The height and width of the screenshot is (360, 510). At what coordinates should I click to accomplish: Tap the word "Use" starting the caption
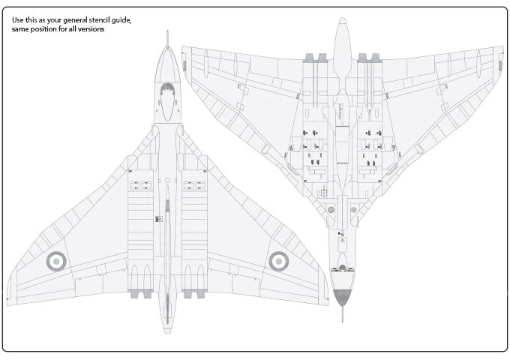(17, 19)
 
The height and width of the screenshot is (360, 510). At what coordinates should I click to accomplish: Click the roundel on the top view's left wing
(56, 261)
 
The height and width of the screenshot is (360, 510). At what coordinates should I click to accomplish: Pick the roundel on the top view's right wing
(278, 261)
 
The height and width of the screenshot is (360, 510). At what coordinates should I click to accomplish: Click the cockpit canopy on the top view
(167, 101)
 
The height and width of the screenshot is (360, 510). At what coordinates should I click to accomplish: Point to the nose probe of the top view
(167, 39)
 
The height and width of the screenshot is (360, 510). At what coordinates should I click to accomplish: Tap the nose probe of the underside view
(342, 313)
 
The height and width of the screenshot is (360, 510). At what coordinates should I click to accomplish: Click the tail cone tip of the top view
(167, 331)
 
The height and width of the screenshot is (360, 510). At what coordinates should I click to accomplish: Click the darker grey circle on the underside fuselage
(331, 210)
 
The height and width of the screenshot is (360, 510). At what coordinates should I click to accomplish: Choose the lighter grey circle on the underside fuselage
(353, 210)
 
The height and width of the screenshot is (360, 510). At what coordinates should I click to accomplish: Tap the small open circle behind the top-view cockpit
(167, 181)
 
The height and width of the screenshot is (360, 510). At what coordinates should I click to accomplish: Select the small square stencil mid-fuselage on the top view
(159, 219)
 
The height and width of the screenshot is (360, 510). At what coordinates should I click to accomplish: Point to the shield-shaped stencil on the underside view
(324, 193)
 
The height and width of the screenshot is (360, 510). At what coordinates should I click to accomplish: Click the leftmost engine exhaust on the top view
(134, 294)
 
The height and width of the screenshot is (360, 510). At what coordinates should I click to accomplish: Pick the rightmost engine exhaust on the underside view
(376, 58)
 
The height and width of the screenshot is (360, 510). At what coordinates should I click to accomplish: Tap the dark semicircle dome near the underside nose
(342, 268)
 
